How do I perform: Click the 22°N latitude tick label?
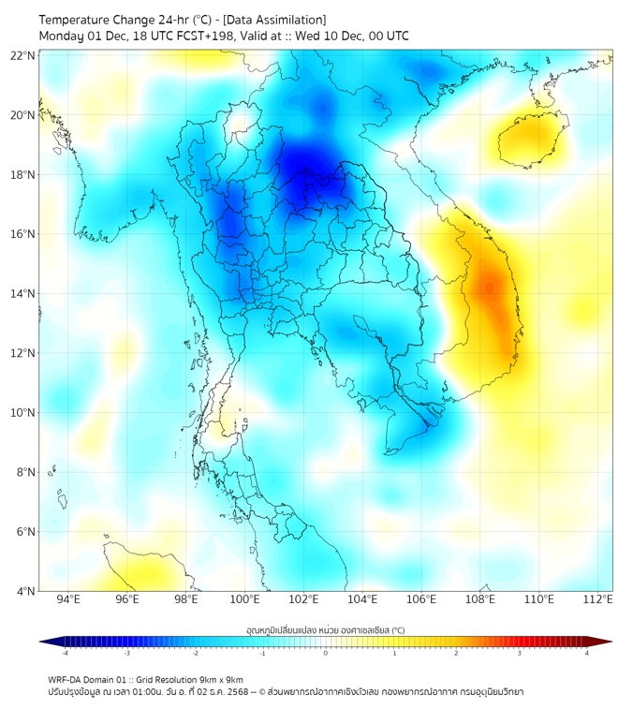pyautogui.click(x=23, y=55)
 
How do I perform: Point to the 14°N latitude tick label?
pyautogui.click(x=23, y=293)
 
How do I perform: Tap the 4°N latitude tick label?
pyautogui.click(x=25, y=591)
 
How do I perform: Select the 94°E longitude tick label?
pyautogui.click(x=68, y=600)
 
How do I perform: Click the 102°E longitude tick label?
pyautogui.click(x=304, y=600)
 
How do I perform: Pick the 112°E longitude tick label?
pyautogui.click(x=598, y=600)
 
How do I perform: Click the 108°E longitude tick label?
pyautogui.click(x=480, y=600)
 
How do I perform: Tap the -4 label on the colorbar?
pyautogui.click(x=65, y=653)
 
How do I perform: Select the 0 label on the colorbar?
pyautogui.click(x=326, y=653)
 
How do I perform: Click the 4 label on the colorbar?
pyautogui.click(x=587, y=653)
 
